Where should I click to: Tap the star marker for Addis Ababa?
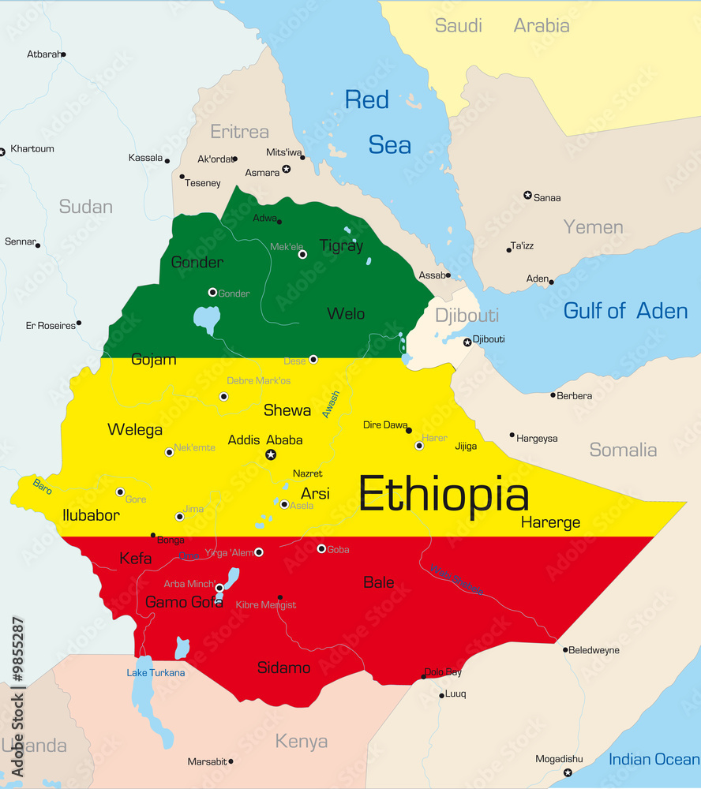point(271,454)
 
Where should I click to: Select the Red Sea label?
point(379,122)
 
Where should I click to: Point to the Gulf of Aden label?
point(625,311)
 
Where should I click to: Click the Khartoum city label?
point(32,149)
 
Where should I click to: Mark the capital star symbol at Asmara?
point(286,169)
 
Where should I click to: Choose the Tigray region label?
point(341,245)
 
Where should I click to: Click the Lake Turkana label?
point(156,672)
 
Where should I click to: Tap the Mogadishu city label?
point(559,759)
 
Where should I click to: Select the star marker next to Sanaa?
point(527,195)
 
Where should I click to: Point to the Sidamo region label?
point(283,667)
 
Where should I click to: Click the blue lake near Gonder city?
point(207,320)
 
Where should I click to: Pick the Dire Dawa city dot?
point(408,430)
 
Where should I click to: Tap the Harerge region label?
point(550,522)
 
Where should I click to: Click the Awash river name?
point(330,404)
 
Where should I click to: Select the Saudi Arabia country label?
point(502,25)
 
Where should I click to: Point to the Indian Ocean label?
point(654,759)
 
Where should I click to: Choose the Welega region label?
point(135,430)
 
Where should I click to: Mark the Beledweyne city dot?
point(565,650)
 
